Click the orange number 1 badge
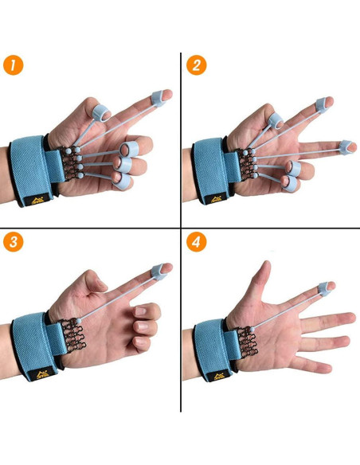coord(13,65)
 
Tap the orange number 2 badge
coord(196,65)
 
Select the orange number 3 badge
coord(13,242)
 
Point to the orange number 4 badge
coord(196,242)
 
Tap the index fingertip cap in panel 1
coord(158,99)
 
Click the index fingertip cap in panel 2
coord(322,105)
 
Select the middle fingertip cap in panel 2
coord(346,147)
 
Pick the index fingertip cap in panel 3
coord(158,272)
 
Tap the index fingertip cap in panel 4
coord(324,289)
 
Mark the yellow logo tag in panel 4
coord(220,376)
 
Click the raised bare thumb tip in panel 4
coord(267,265)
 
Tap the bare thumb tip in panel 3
coord(101,284)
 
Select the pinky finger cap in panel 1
coord(121,181)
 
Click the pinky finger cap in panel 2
coord(289,184)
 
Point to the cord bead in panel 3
coord(79,321)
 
